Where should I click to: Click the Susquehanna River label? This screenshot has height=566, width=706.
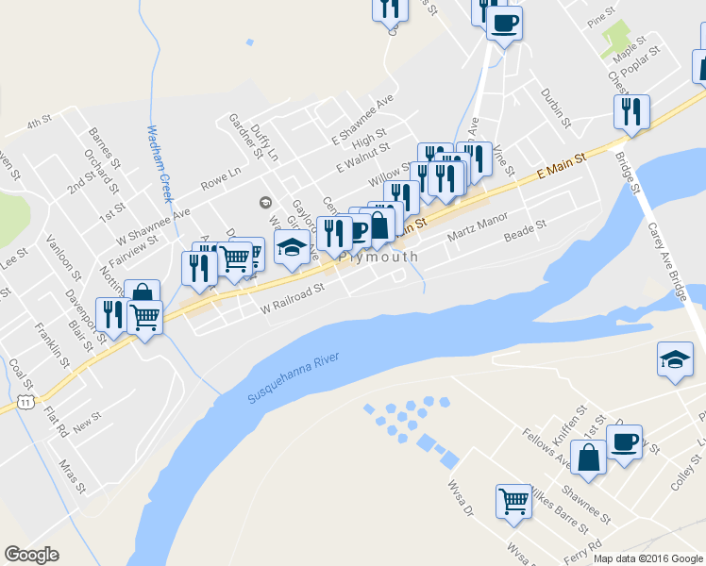293,379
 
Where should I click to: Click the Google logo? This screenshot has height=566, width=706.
31,555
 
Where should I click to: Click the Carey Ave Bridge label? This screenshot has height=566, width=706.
665,263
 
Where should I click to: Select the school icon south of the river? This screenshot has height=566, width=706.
676,359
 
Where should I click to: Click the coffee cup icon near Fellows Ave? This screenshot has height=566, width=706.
624,441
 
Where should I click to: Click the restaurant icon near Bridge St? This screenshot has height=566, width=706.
630,111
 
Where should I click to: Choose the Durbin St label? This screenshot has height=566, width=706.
556,108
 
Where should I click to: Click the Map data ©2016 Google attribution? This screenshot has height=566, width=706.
648,558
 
